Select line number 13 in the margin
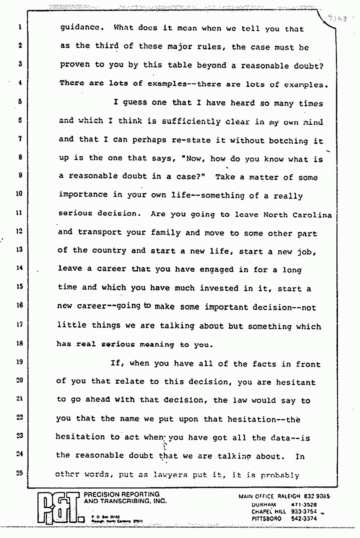(x=20, y=250)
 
